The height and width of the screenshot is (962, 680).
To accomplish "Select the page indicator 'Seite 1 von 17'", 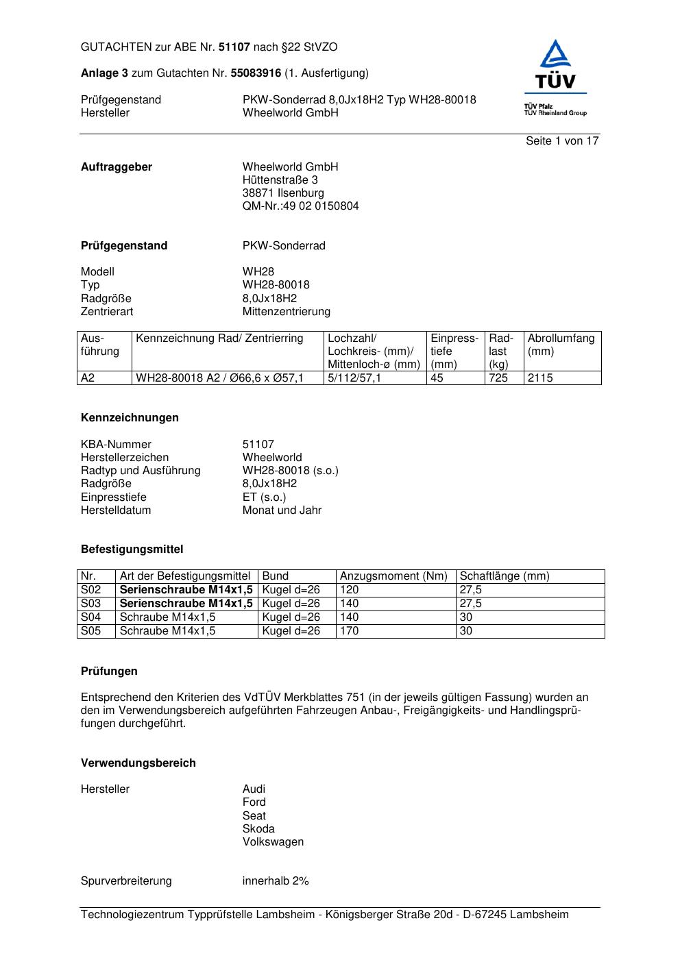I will click(x=562, y=141).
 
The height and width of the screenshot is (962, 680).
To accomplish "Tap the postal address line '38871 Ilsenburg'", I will click(x=283, y=193).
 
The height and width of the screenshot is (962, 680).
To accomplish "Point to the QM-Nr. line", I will click(x=300, y=206).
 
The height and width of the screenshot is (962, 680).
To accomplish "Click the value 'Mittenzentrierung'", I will click(x=286, y=312).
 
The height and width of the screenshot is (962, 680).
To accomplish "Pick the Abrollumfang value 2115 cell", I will click(x=540, y=378).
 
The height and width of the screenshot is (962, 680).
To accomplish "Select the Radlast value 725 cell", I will click(x=498, y=378).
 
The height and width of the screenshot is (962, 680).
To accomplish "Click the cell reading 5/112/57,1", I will click(x=354, y=378).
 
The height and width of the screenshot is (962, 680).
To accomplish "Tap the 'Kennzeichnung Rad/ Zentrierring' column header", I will click(x=219, y=338).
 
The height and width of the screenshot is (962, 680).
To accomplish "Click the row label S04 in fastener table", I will click(x=90, y=617).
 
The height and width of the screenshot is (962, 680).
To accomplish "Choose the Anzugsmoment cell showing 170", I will click(x=350, y=631).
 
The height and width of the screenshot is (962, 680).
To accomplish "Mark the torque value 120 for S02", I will click(x=350, y=590).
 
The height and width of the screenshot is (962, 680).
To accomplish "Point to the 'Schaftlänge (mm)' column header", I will click(x=505, y=576).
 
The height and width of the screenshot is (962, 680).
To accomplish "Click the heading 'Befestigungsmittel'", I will click(x=132, y=550).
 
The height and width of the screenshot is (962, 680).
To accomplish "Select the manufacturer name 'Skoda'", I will click(x=258, y=829).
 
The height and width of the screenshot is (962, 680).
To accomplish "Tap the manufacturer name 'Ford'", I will click(x=254, y=802).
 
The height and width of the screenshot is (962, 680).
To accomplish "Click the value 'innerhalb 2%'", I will click(x=276, y=881).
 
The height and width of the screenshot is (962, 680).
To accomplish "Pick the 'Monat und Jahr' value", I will click(x=282, y=510).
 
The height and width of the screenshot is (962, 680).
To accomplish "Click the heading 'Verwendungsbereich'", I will click(x=138, y=763).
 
